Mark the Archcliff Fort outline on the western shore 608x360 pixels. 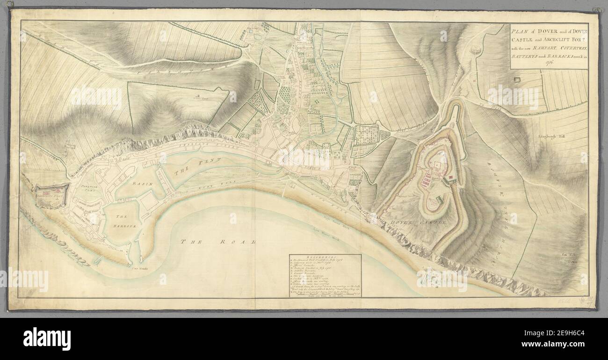click(x=52, y=193)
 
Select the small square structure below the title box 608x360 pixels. click(x=518, y=80)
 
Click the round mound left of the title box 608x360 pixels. click(x=477, y=49)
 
